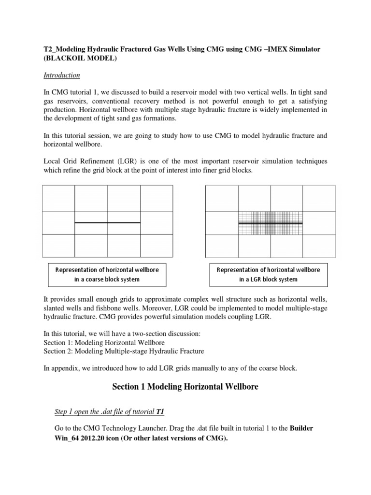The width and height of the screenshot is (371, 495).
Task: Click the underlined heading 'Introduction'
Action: point(61,75)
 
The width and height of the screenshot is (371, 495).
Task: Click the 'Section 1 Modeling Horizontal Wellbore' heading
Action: point(185,386)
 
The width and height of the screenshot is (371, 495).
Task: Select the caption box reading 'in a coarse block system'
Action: point(107,274)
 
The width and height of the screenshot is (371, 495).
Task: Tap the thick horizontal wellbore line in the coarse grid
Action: point(107,222)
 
